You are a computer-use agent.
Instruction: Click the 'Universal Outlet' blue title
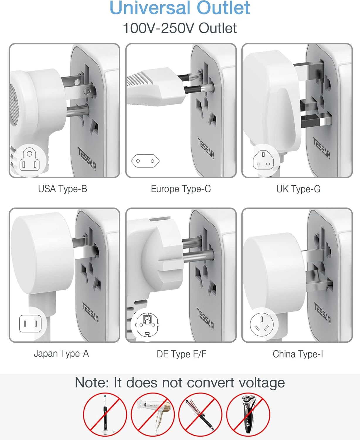click(x=180, y=8)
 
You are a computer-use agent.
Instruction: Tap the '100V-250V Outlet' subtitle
click(x=180, y=28)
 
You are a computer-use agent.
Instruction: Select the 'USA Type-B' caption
click(x=62, y=189)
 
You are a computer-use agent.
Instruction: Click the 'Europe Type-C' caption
click(x=181, y=189)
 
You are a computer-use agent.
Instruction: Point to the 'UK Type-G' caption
click(x=298, y=189)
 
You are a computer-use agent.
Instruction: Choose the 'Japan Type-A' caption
click(x=61, y=353)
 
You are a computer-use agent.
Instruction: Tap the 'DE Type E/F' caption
click(x=181, y=354)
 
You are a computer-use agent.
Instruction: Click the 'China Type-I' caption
click(x=298, y=354)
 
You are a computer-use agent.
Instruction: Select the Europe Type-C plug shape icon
click(x=145, y=161)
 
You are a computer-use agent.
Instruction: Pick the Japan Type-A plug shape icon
click(x=30, y=324)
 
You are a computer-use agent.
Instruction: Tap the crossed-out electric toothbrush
click(x=105, y=415)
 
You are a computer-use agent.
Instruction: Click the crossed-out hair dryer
click(x=153, y=415)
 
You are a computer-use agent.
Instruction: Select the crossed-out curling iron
click(x=200, y=415)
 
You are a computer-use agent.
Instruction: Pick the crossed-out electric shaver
click(x=248, y=415)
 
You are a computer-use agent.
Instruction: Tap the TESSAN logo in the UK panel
click(x=322, y=148)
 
